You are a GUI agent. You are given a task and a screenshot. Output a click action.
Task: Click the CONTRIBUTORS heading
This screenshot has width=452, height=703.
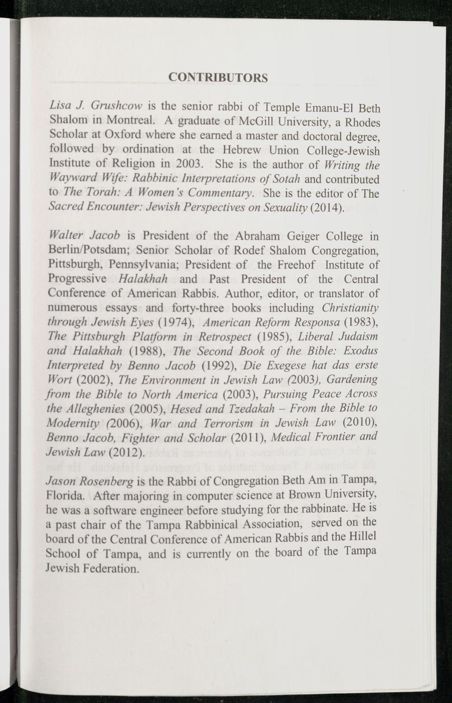[x=217, y=77]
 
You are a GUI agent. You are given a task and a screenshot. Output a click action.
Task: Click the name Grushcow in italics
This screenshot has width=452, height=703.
[x=117, y=106]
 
